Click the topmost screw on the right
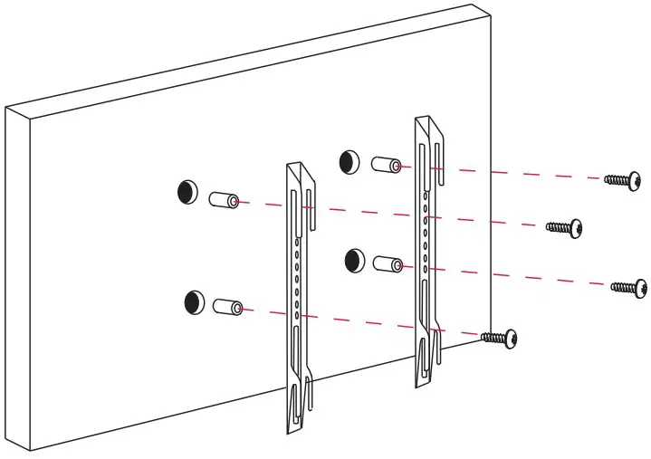point(624,181)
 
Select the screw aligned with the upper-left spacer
point(565,226)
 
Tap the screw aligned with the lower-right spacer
point(629,287)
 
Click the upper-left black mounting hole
point(187,192)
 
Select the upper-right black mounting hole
point(349,162)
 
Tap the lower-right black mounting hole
point(355,261)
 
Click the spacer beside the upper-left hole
point(224,199)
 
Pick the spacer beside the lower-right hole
point(389,264)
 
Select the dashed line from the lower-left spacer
point(362,321)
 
